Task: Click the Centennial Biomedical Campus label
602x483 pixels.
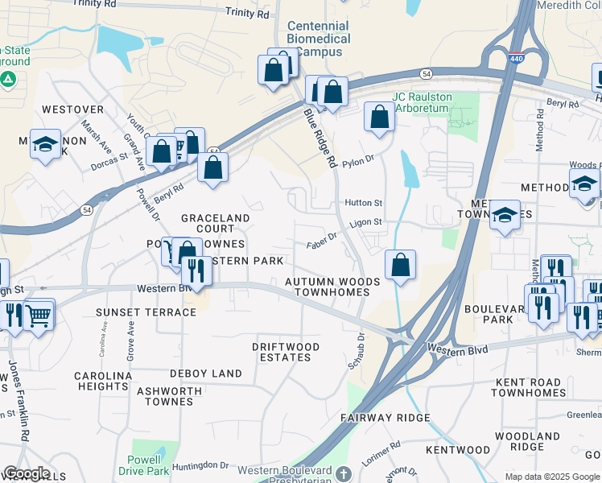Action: click(x=319, y=39)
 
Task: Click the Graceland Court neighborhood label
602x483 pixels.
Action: click(x=215, y=223)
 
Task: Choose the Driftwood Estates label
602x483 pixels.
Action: click(x=286, y=352)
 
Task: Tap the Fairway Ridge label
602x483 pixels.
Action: click(x=385, y=418)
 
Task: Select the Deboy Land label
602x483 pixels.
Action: click(x=205, y=374)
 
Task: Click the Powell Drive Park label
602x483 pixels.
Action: click(x=153, y=465)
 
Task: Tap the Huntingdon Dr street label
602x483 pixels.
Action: click(x=200, y=464)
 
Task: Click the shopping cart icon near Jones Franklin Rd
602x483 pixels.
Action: click(x=39, y=314)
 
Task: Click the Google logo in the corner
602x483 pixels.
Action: click(x=27, y=473)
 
